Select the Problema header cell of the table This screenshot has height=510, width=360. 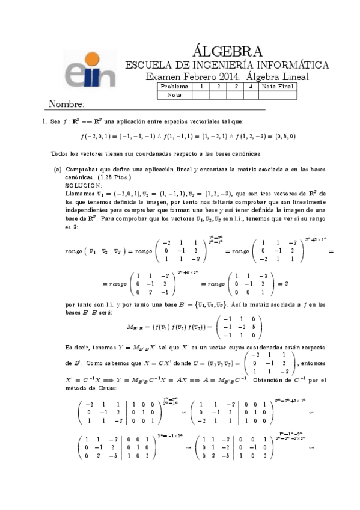[175, 87]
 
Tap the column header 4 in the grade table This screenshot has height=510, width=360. [251, 87]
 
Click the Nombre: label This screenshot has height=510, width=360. [66, 103]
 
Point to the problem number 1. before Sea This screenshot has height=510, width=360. [44, 122]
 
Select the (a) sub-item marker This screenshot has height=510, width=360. [58, 170]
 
